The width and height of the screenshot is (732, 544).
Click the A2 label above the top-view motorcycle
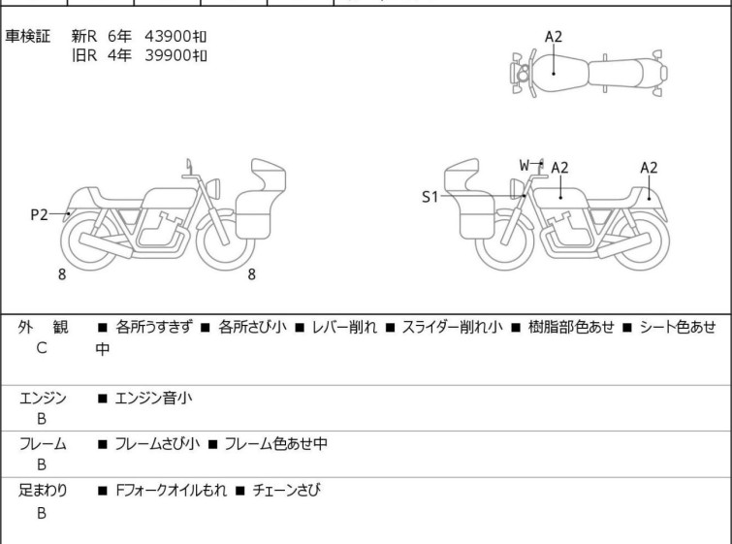(553, 37)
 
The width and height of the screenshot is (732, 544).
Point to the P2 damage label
(39, 215)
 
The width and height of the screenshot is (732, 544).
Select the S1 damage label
(430, 197)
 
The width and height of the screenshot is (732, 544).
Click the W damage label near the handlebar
(524, 165)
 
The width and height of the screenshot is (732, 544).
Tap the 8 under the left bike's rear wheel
(62, 274)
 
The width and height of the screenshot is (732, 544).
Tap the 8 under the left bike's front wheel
(251, 274)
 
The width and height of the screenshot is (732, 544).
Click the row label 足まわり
(44, 491)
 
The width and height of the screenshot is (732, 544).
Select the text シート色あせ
(678, 328)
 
